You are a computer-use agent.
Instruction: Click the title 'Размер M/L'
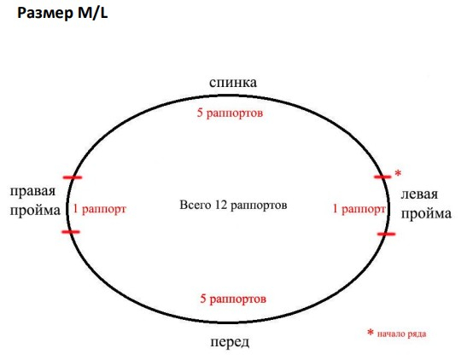coord(62,14)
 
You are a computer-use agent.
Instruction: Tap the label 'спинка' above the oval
coord(233,82)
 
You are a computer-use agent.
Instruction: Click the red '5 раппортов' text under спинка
coord(230,113)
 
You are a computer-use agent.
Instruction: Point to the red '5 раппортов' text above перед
coord(233,299)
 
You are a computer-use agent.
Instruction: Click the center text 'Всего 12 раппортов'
coord(233,205)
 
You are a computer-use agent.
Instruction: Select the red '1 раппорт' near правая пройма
coord(100,209)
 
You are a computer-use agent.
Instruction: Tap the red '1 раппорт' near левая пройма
coord(359,209)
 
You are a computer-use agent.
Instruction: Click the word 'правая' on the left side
coord(33,191)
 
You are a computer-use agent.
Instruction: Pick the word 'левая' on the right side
coord(419,195)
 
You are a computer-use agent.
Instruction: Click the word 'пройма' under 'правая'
coord(35,211)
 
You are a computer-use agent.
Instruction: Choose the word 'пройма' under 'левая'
coord(426,214)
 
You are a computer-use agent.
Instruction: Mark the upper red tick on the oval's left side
coord(73,177)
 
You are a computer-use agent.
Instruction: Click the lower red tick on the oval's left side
coord(71,232)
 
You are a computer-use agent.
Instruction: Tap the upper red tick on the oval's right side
coord(382,177)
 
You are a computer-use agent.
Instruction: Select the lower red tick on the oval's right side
coord(386,234)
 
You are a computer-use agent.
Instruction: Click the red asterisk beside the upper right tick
coord(398,173)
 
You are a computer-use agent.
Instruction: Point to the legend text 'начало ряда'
coord(401,334)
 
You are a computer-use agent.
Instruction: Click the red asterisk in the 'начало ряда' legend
coord(371,333)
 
